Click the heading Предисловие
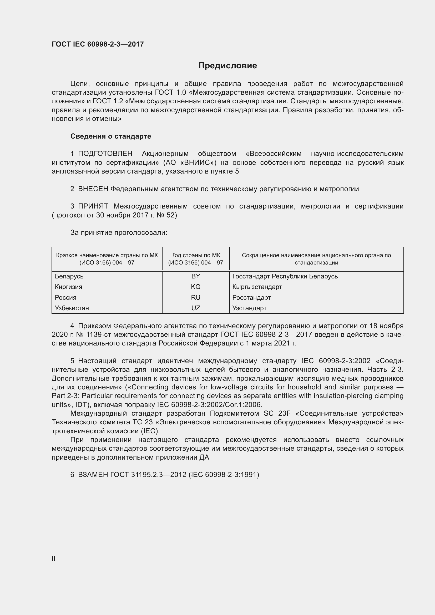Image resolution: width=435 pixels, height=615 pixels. [227, 66]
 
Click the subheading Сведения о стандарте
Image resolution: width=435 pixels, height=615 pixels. [111, 136]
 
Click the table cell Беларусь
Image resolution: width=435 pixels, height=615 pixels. [69, 276]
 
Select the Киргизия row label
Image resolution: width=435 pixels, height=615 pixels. [69, 287]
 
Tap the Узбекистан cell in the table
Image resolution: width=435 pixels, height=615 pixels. [72, 308]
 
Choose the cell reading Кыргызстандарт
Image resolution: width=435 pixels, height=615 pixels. [257, 287]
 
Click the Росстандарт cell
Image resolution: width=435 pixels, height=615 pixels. [251, 298]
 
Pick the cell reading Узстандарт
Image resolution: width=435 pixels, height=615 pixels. [249, 308]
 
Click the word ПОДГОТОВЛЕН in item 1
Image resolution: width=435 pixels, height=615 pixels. [105, 154]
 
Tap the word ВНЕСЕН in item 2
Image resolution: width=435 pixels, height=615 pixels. [93, 189]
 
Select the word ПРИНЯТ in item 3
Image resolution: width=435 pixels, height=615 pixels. [93, 206]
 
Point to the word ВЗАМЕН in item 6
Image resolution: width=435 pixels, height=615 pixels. [93, 475]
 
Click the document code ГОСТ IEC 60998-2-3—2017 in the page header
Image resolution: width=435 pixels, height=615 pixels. [98, 44]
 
